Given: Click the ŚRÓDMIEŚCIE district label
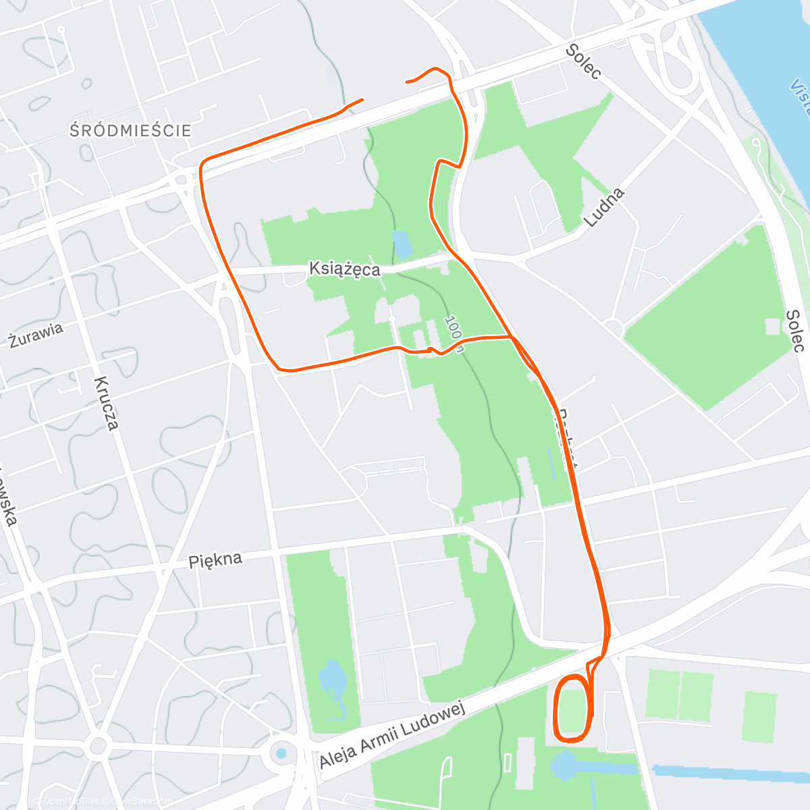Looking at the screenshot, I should tap(130, 130).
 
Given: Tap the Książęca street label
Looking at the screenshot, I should tap(344, 269).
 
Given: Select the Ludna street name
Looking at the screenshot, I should tap(603, 207).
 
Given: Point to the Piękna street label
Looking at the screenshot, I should tap(215, 560).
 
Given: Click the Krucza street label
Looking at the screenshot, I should tap(107, 403).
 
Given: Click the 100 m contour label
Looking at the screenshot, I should tap(455, 333).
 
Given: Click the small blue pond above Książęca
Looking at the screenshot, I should tap(402, 244).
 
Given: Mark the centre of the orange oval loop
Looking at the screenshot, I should tap(572, 707).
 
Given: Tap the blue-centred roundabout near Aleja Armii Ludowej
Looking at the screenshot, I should tap(281, 753).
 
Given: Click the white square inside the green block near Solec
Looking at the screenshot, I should tap(772, 327).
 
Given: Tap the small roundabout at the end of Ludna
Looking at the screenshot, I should tap(614, 329).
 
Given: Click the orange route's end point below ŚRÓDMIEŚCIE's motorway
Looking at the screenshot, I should tap(362, 100).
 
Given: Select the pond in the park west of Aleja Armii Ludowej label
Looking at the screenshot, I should tap(331, 678).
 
